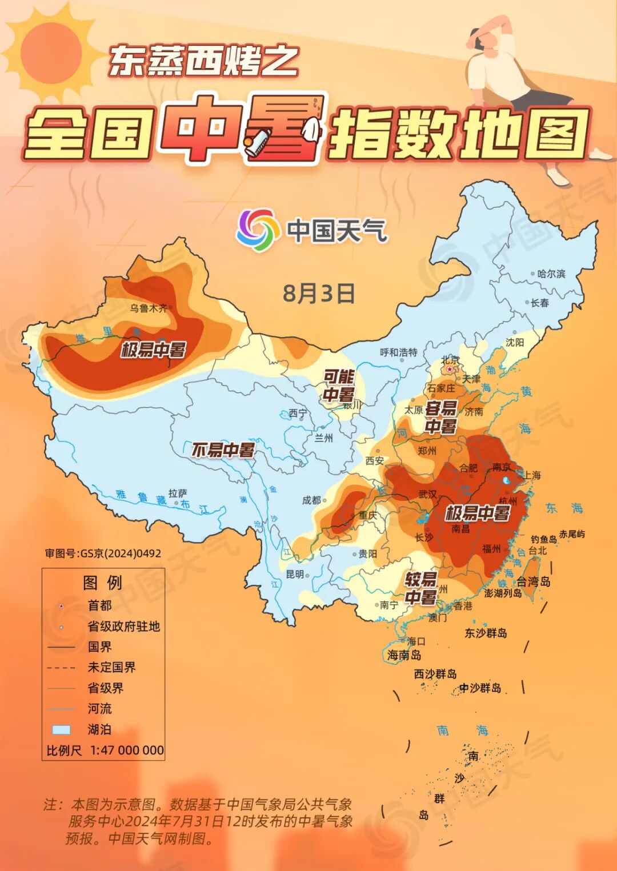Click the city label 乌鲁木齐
[x=149, y=308]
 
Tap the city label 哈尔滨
[x=551, y=274]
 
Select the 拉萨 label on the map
[x=178, y=493]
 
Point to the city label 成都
[x=311, y=500]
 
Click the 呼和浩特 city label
[x=399, y=352]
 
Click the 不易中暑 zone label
[x=223, y=450]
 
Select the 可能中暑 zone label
[x=339, y=386]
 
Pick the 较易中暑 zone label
[x=421, y=588]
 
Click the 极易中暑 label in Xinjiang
[x=153, y=349]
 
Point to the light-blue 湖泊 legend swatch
[x=61, y=729]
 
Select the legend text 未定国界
[x=111, y=667]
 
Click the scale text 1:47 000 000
[x=127, y=750]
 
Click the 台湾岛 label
[x=533, y=581]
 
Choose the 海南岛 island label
[x=404, y=655]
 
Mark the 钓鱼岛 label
[x=543, y=539]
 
